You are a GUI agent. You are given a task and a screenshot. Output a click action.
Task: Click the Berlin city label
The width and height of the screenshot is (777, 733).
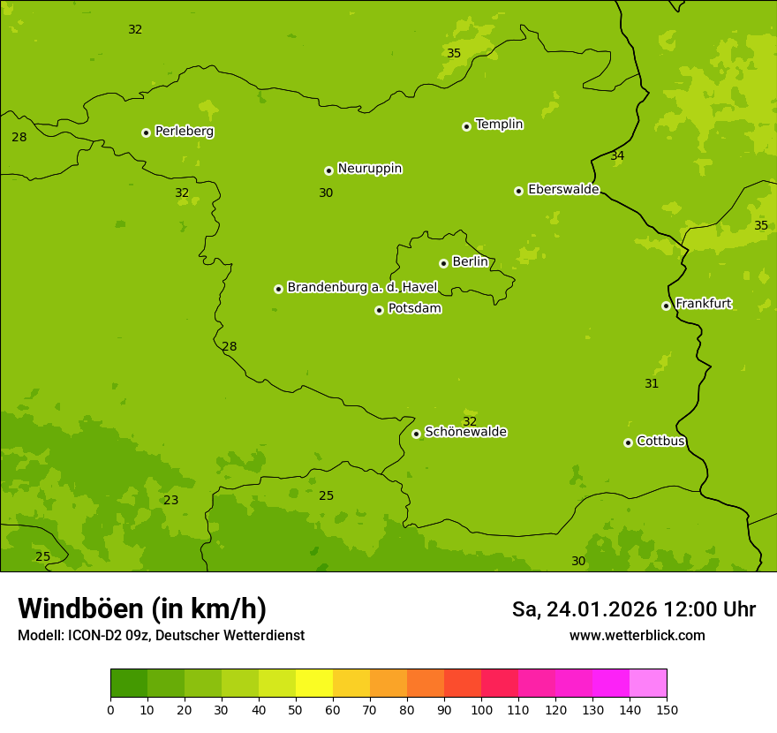coord(470,261)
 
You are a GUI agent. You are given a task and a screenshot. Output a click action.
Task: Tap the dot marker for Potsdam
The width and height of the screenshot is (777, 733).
coord(379,310)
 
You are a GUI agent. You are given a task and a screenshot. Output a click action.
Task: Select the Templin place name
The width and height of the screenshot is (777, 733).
coord(499,125)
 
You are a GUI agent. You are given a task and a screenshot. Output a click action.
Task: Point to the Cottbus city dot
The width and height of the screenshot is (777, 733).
coord(628,442)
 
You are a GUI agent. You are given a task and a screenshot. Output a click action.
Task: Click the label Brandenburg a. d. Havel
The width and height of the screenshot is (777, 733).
coord(362,287)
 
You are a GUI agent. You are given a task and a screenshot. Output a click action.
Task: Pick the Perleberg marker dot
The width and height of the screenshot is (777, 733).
coord(146,132)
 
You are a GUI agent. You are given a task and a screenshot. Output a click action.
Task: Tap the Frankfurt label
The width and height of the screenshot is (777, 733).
coord(703,304)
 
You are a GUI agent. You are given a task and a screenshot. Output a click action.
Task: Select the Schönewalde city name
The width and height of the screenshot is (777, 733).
coord(465,432)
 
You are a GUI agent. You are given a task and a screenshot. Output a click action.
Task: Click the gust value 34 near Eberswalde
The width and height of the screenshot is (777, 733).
coord(617,156)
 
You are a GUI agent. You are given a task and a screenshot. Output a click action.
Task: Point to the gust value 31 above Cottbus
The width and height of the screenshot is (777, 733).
coord(652,383)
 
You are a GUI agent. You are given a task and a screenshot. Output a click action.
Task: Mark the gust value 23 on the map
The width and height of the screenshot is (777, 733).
coord(171,500)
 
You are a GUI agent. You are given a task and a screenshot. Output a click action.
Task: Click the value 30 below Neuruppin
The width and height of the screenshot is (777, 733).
coord(326,193)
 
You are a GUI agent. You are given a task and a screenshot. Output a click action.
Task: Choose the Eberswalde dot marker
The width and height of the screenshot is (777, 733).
coord(518,191)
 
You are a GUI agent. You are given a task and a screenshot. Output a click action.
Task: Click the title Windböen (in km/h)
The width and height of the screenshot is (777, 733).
coord(142,608)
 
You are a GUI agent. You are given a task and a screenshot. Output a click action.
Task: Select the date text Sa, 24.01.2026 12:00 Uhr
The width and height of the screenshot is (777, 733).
coord(633,609)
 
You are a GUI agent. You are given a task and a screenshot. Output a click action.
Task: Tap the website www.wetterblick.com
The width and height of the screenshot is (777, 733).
coord(637,636)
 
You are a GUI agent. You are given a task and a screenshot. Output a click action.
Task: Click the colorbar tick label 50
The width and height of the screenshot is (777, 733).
coord(296,710)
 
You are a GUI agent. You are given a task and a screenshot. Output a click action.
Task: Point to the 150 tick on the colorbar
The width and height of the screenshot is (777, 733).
coord(667,710)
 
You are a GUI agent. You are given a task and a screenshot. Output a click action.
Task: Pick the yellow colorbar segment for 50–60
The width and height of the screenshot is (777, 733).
coord(314,684)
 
